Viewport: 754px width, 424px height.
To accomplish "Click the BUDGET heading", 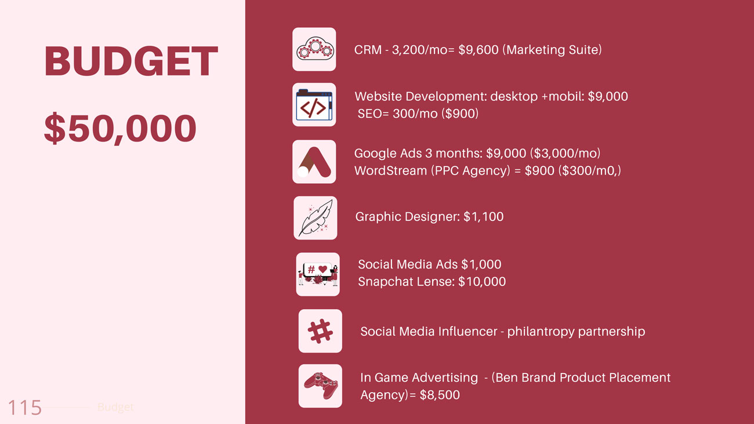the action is (131, 61).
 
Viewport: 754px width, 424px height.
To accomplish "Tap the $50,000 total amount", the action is (120, 128).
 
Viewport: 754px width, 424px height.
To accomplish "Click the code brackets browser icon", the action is (314, 104).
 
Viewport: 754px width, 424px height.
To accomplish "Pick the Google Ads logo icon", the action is (314, 162).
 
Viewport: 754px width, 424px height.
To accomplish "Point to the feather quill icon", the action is (316, 218).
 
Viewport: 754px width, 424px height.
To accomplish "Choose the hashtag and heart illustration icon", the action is (318, 274).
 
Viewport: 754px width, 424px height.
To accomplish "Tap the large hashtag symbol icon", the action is (320, 331).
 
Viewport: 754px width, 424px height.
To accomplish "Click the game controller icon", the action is (320, 386).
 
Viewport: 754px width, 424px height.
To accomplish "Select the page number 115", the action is (24, 408).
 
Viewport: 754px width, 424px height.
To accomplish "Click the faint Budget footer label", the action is (115, 407).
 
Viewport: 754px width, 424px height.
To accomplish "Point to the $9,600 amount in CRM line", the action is (478, 50).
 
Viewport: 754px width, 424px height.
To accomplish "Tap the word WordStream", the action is (390, 171).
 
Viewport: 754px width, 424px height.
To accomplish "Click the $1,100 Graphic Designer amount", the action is (483, 217).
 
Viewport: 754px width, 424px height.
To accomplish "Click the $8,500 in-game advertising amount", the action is (440, 395).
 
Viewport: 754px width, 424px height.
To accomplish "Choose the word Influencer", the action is (466, 331).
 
